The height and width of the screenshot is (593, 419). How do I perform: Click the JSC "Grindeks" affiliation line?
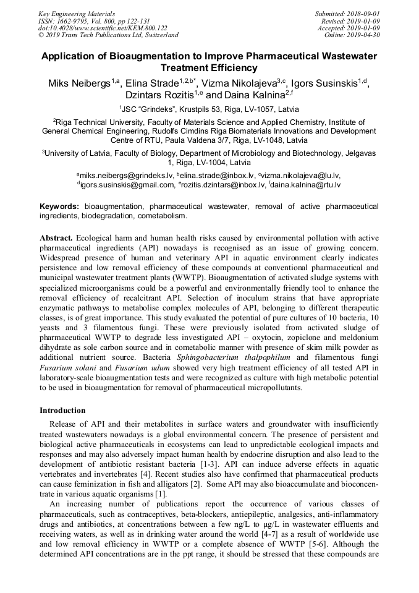(209, 109)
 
